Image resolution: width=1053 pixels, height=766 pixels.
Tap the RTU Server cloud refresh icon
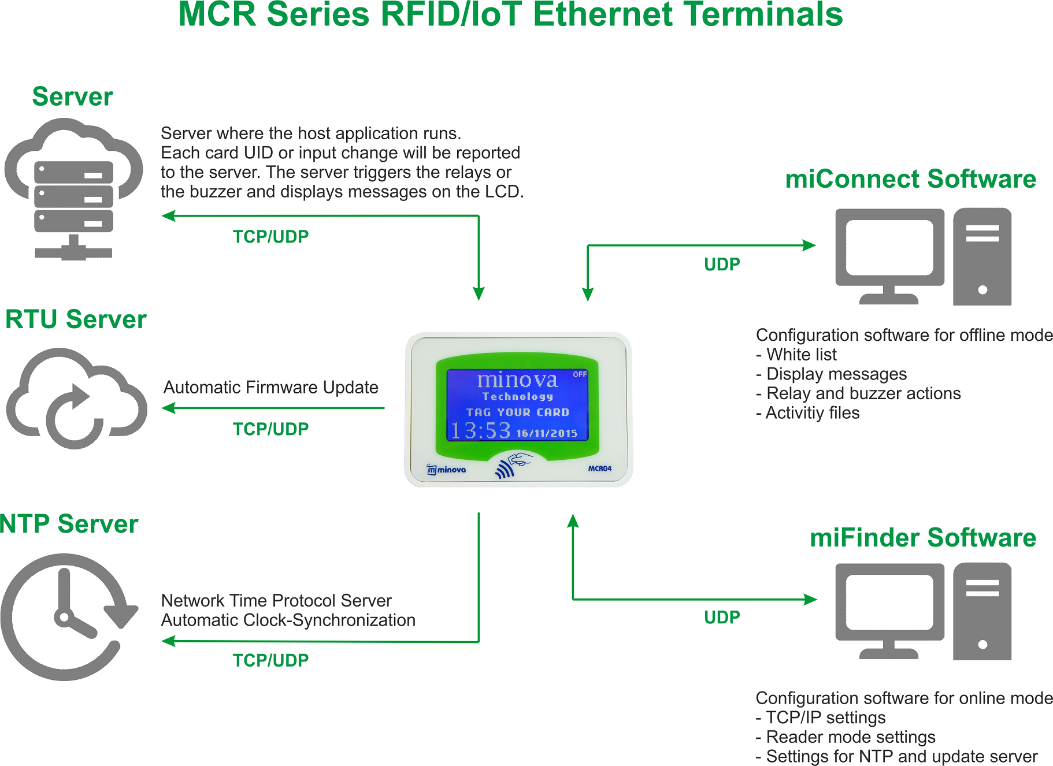[x=76, y=398]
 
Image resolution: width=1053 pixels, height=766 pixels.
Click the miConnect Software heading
[x=910, y=179]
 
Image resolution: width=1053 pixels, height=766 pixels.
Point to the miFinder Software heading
[x=922, y=538]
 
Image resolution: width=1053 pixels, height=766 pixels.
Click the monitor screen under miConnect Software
[x=889, y=247]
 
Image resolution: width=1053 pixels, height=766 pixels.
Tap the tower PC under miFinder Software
[x=982, y=611]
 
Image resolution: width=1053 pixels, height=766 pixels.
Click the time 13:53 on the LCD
[x=480, y=431]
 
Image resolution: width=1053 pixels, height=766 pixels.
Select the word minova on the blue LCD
[x=517, y=380]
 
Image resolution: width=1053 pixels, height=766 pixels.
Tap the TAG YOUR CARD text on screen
[x=518, y=412]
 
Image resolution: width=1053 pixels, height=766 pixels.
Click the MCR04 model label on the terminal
[x=599, y=468]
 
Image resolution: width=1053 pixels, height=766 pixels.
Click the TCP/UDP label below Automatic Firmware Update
[x=270, y=429]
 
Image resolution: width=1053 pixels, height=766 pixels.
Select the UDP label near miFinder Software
[x=722, y=617]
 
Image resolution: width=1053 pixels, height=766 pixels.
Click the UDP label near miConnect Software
[x=722, y=264]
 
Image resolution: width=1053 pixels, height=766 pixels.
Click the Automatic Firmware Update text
[x=270, y=387]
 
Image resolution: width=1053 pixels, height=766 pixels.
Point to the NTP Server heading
[x=69, y=524]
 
